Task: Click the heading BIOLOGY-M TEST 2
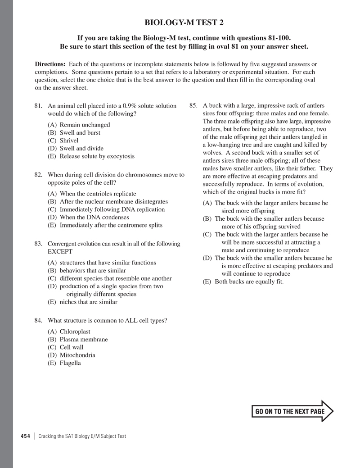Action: [187, 23]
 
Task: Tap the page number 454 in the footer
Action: [25, 436]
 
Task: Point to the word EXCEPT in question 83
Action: [60, 251]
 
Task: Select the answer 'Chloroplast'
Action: [75, 332]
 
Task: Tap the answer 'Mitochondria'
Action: [77, 355]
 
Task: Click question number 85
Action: [193, 106]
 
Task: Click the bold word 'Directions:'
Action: [50, 64]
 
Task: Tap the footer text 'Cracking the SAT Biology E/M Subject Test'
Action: [82, 436]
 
